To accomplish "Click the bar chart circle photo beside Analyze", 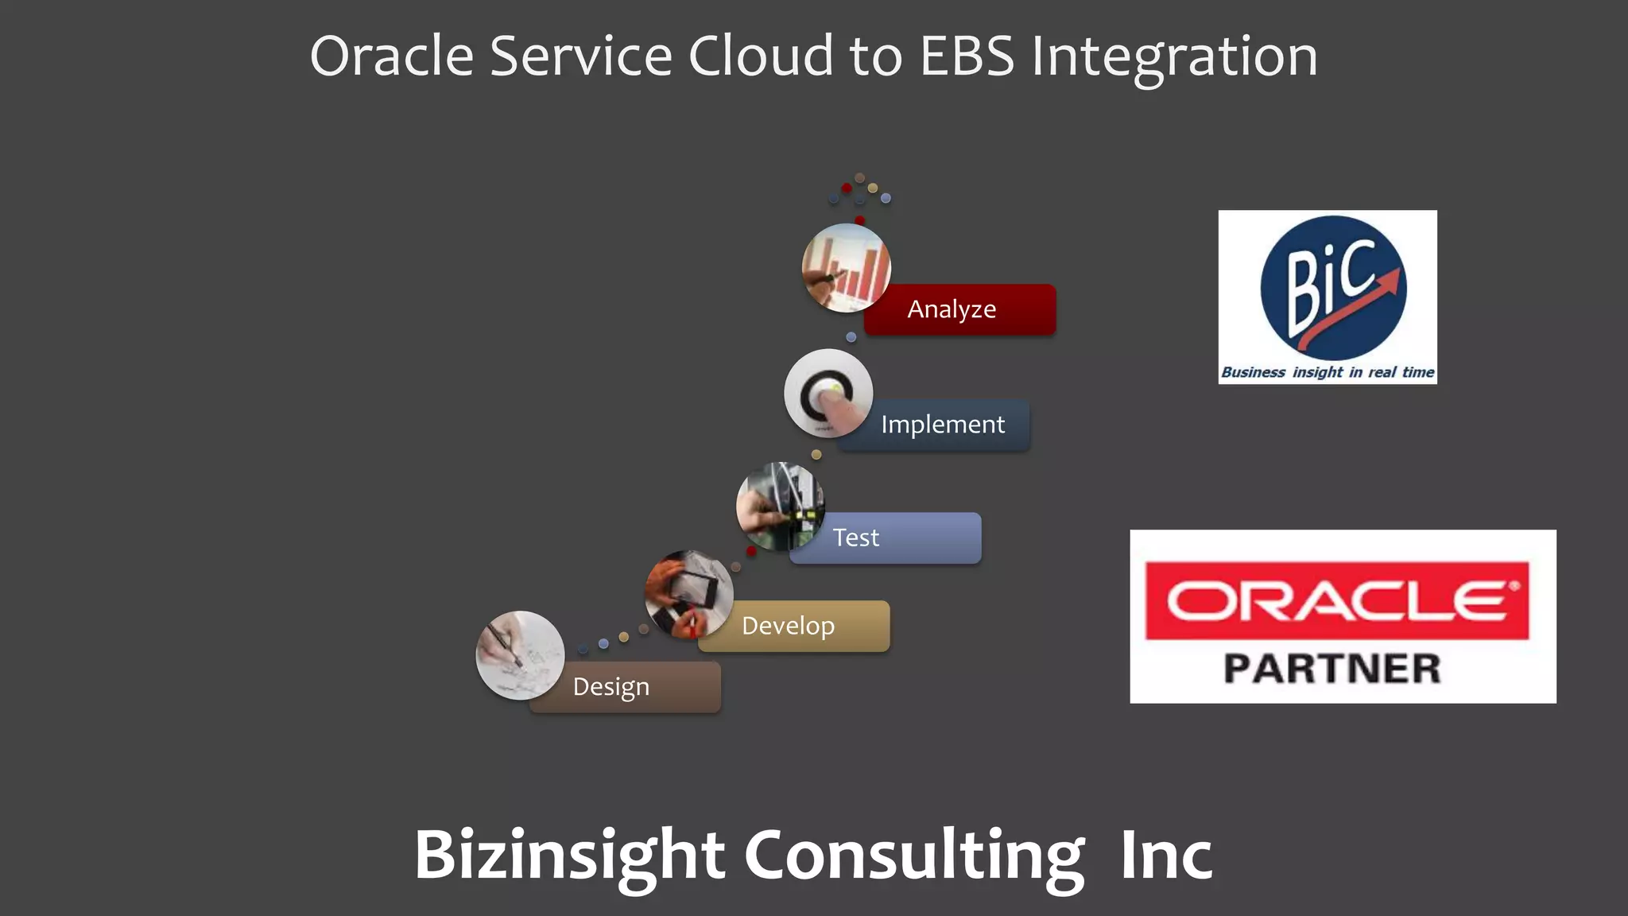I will click(x=846, y=267).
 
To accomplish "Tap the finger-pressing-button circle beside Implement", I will click(x=828, y=393).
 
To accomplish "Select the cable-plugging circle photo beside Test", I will click(x=780, y=507).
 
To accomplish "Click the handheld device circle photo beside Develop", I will click(x=688, y=594).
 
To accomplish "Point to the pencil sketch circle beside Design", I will click(x=520, y=654).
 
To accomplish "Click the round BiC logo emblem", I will click(x=1333, y=288).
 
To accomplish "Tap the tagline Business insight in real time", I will click(x=1328, y=372).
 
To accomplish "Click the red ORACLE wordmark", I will click(x=1337, y=600).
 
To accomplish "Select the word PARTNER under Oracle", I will click(x=1332, y=669).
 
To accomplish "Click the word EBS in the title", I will click(x=967, y=56).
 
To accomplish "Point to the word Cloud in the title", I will click(x=760, y=56).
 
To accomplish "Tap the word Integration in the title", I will click(x=1174, y=56).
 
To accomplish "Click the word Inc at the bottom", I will click(x=1166, y=856).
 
